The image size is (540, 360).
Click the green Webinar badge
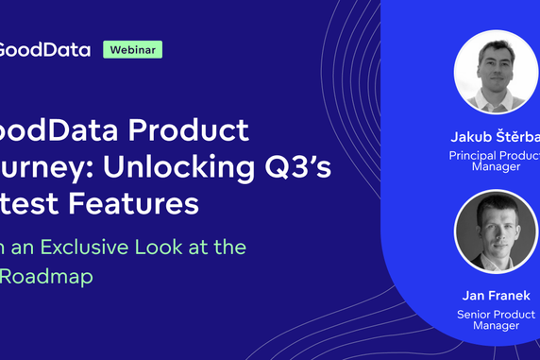pyautogui.click(x=132, y=49)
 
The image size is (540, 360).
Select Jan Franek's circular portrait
pyautogui.click(x=496, y=232)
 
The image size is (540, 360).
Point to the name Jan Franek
pyautogui.click(x=496, y=296)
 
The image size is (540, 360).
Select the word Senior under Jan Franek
pyautogui.click(x=476, y=314)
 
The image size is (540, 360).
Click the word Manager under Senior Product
pyautogui.click(x=496, y=326)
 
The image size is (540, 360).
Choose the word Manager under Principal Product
pyautogui.click(x=497, y=166)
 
